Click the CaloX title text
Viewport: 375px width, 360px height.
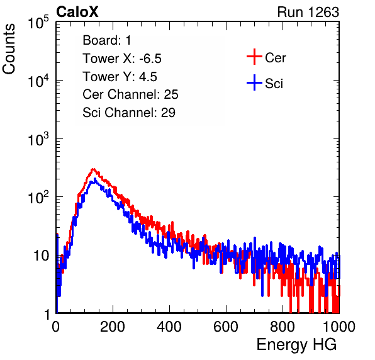77,12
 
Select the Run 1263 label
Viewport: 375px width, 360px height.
308,12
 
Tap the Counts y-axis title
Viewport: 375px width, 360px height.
9,49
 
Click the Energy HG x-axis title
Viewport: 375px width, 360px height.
297,345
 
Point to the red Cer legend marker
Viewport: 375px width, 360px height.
254,57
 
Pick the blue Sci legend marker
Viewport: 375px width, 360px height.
254,82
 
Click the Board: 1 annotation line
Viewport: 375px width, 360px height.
107,40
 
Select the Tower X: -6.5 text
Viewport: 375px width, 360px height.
122,59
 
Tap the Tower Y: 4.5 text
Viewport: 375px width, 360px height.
120,77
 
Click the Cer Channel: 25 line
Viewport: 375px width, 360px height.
130,94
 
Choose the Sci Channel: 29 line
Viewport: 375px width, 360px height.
129,113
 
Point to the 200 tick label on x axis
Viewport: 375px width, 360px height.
113,327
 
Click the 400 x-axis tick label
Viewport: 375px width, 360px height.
169,327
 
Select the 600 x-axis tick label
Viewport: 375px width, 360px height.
226,327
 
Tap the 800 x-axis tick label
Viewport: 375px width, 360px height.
283,327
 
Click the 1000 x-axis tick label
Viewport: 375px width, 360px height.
339,327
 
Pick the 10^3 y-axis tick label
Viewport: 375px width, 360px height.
38,138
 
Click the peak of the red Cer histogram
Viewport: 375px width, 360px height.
94,169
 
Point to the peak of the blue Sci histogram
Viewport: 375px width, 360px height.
95,179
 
